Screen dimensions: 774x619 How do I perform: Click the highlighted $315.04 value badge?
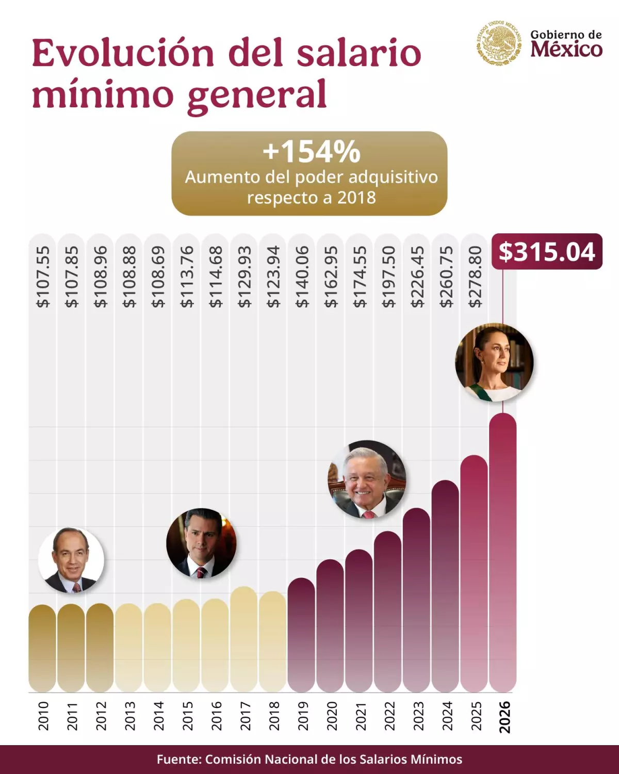(x=547, y=252)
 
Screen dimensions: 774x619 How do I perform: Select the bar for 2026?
(x=502, y=552)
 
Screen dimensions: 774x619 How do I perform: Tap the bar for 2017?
(x=243, y=640)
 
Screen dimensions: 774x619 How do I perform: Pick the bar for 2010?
(x=42, y=648)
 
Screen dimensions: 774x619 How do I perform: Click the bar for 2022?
(x=387, y=611)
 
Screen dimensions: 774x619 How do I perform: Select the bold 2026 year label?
(x=504, y=716)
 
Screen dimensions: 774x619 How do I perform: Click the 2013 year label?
(x=129, y=715)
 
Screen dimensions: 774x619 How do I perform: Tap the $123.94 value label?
(x=273, y=277)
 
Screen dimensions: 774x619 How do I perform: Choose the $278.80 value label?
(x=475, y=277)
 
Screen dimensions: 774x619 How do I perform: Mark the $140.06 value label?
(x=302, y=277)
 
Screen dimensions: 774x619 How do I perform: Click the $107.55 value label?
(x=43, y=277)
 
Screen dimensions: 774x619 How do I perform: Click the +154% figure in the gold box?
(x=311, y=152)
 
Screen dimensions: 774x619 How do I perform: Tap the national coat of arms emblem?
(x=498, y=43)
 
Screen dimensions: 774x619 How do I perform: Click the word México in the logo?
(x=566, y=50)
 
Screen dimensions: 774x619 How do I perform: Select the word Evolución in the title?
(x=123, y=53)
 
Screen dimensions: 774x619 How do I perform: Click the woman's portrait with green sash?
(x=494, y=362)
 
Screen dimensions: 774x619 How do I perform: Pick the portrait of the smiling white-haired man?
(x=367, y=479)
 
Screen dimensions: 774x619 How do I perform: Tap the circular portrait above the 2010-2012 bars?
(x=71, y=560)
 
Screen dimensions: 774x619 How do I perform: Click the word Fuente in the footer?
(x=178, y=759)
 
